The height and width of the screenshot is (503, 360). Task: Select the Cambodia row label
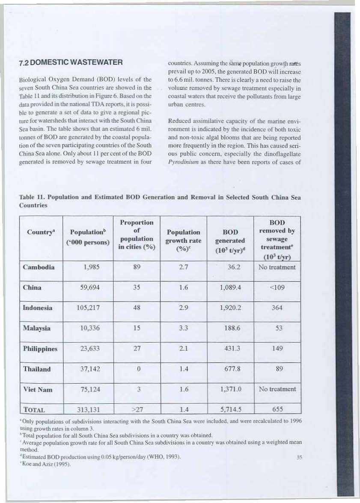coord(39,267)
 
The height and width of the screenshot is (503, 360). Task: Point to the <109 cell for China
coord(277,287)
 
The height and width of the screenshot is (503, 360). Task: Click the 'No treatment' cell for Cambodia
coord(277,267)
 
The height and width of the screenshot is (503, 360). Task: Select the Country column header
coord(40,233)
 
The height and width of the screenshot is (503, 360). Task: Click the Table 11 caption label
coord(34,198)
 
